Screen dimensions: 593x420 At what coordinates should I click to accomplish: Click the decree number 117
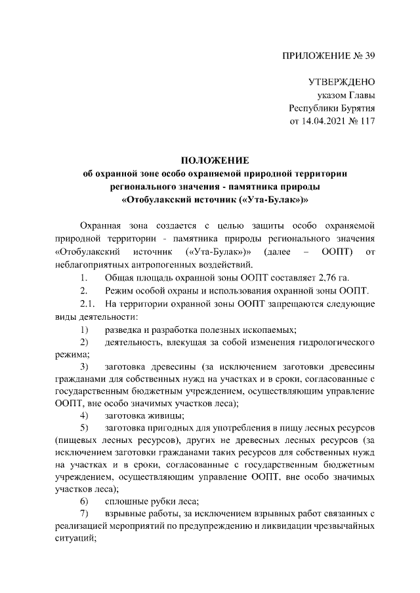367,121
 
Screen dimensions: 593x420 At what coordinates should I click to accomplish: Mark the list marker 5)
85,429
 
